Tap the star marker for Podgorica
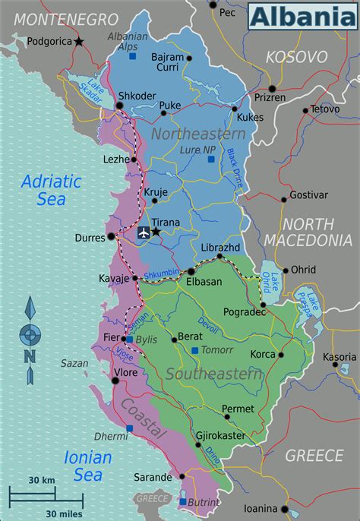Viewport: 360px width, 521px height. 79,42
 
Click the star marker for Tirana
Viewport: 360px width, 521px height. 156,231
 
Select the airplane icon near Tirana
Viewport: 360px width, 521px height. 143,232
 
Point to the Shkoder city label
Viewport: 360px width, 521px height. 137,96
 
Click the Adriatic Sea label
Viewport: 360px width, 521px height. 51,190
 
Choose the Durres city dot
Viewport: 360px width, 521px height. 111,236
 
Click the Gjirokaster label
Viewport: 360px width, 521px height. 220,436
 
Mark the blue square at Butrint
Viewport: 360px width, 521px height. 182,502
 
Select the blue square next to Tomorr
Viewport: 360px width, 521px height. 195,350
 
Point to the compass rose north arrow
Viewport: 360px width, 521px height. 30,311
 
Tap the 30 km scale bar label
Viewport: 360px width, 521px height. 42,481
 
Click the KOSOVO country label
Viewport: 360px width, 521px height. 296,57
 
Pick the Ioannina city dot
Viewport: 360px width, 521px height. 284,509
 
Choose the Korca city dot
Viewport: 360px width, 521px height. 280,355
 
